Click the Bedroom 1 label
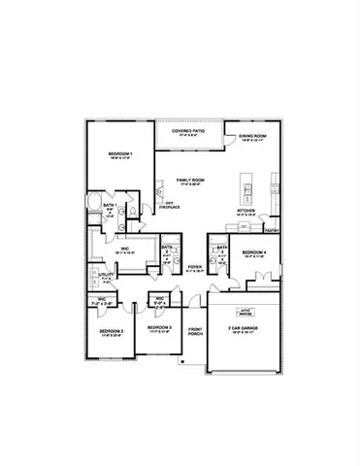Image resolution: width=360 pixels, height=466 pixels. [120, 154]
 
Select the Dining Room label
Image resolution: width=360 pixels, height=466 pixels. [254, 138]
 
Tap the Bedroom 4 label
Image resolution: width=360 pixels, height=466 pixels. [254, 252]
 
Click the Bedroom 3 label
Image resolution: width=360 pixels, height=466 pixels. [159, 328]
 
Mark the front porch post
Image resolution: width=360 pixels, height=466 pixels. [184, 359]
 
